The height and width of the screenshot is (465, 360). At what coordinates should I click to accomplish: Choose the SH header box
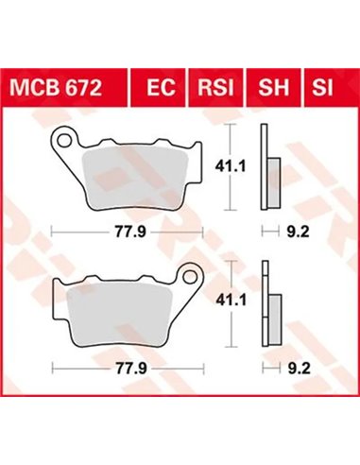275,89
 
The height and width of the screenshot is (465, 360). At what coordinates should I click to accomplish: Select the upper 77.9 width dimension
127,229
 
